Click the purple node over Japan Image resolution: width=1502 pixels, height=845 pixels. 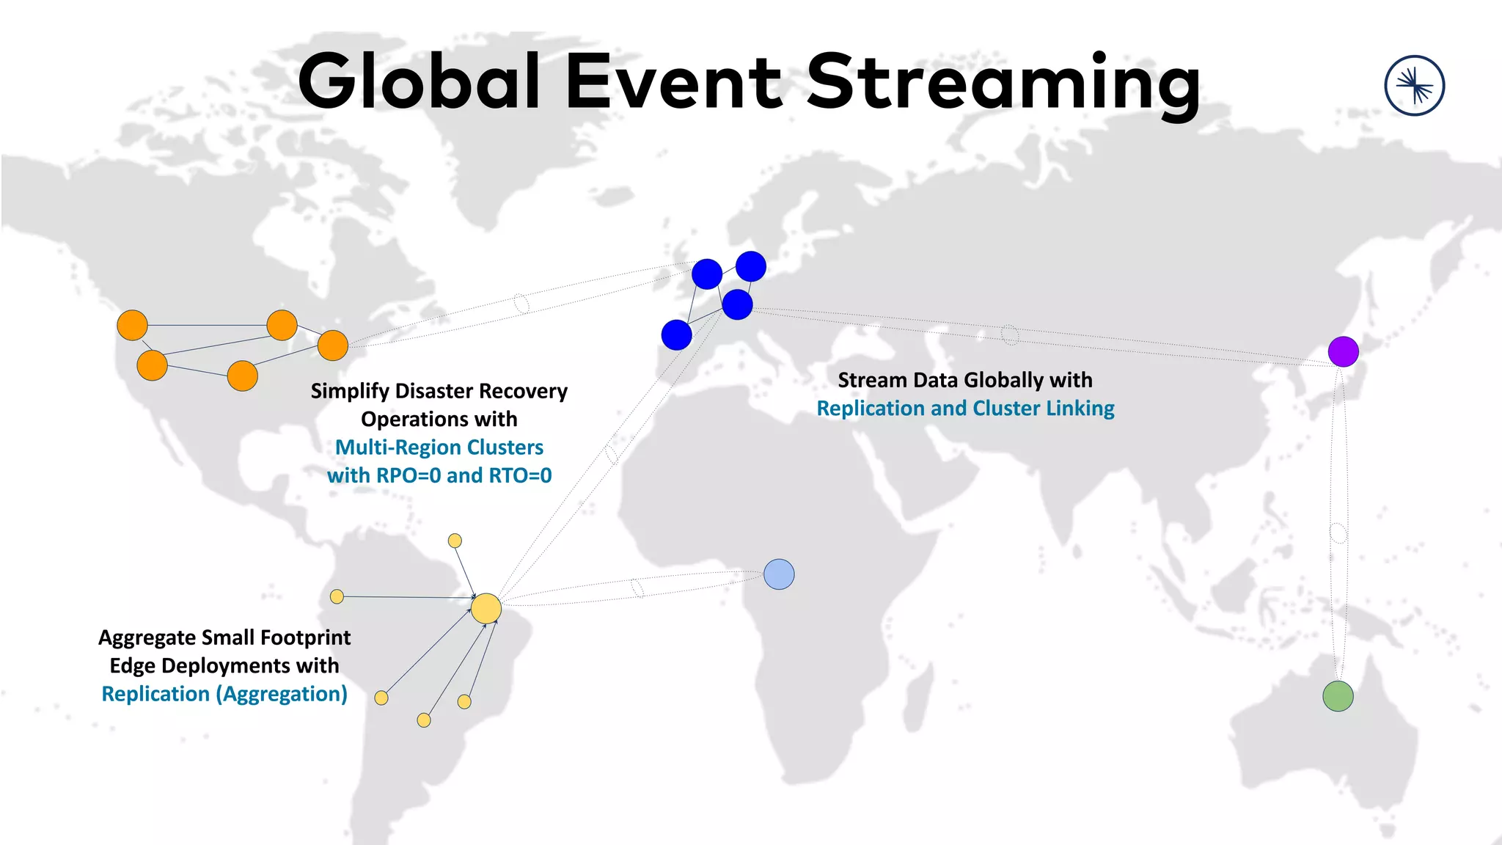click(1343, 351)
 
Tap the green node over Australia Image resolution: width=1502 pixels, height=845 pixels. click(1338, 696)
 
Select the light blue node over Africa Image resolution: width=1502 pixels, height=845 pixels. click(779, 574)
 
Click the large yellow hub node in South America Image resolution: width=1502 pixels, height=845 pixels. click(486, 609)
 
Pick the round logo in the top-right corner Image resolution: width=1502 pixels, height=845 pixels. click(1414, 86)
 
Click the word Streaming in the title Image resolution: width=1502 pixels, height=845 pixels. click(1003, 82)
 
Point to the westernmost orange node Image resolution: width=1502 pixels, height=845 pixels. click(133, 325)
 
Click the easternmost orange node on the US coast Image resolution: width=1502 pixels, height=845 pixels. click(333, 345)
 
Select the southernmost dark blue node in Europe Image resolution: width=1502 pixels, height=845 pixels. click(676, 335)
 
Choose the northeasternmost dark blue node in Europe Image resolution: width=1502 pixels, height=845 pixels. click(750, 266)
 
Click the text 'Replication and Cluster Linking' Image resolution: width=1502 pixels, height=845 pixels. click(965, 409)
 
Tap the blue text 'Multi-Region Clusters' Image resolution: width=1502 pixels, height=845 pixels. click(439, 447)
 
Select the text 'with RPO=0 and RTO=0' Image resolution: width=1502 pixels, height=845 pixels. click(439, 475)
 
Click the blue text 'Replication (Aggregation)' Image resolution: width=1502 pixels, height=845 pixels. click(224, 694)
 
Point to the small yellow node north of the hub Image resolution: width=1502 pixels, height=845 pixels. click(455, 541)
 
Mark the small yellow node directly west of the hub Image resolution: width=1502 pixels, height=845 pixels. click(337, 596)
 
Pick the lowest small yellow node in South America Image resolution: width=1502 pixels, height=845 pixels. click(424, 720)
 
